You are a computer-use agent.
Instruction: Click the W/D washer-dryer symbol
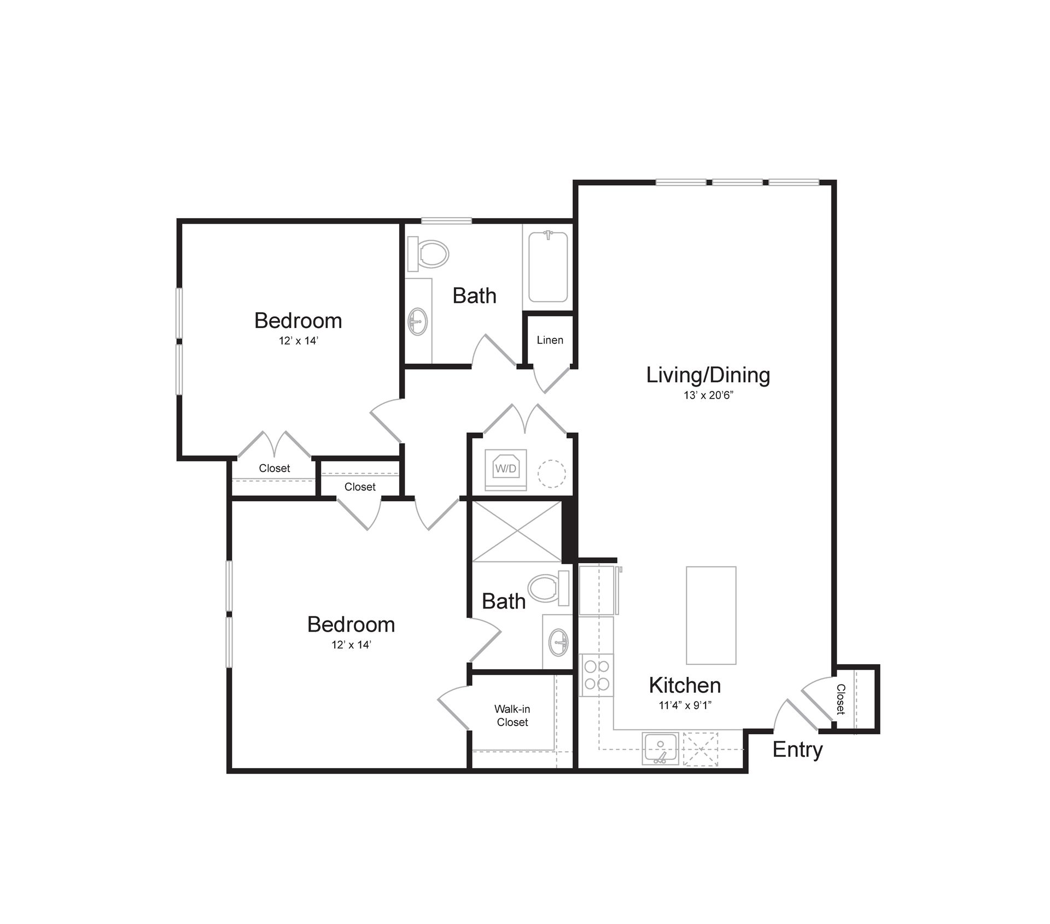click(505, 469)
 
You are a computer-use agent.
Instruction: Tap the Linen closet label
click(550, 340)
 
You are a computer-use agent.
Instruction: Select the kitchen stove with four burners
click(596, 675)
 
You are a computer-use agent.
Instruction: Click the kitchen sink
click(660, 748)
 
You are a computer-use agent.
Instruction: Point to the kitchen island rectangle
click(711, 615)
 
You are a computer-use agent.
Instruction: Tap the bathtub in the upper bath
click(547, 267)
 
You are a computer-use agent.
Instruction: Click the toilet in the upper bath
click(429, 254)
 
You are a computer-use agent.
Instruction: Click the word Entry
click(797, 750)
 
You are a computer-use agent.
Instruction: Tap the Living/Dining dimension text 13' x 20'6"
click(708, 395)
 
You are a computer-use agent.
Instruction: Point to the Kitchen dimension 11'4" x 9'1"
click(685, 706)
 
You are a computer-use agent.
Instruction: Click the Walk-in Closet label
click(512, 716)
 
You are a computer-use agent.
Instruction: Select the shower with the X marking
click(516, 531)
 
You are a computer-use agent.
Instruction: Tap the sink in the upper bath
click(418, 321)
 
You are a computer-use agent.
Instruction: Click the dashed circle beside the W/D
click(551, 473)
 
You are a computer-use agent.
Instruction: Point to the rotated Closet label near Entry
click(841, 699)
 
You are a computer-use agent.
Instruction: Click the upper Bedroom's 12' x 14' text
click(298, 341)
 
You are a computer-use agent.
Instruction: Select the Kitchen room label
click(685, 685)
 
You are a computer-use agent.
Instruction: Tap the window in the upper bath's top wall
click(446, 221)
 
